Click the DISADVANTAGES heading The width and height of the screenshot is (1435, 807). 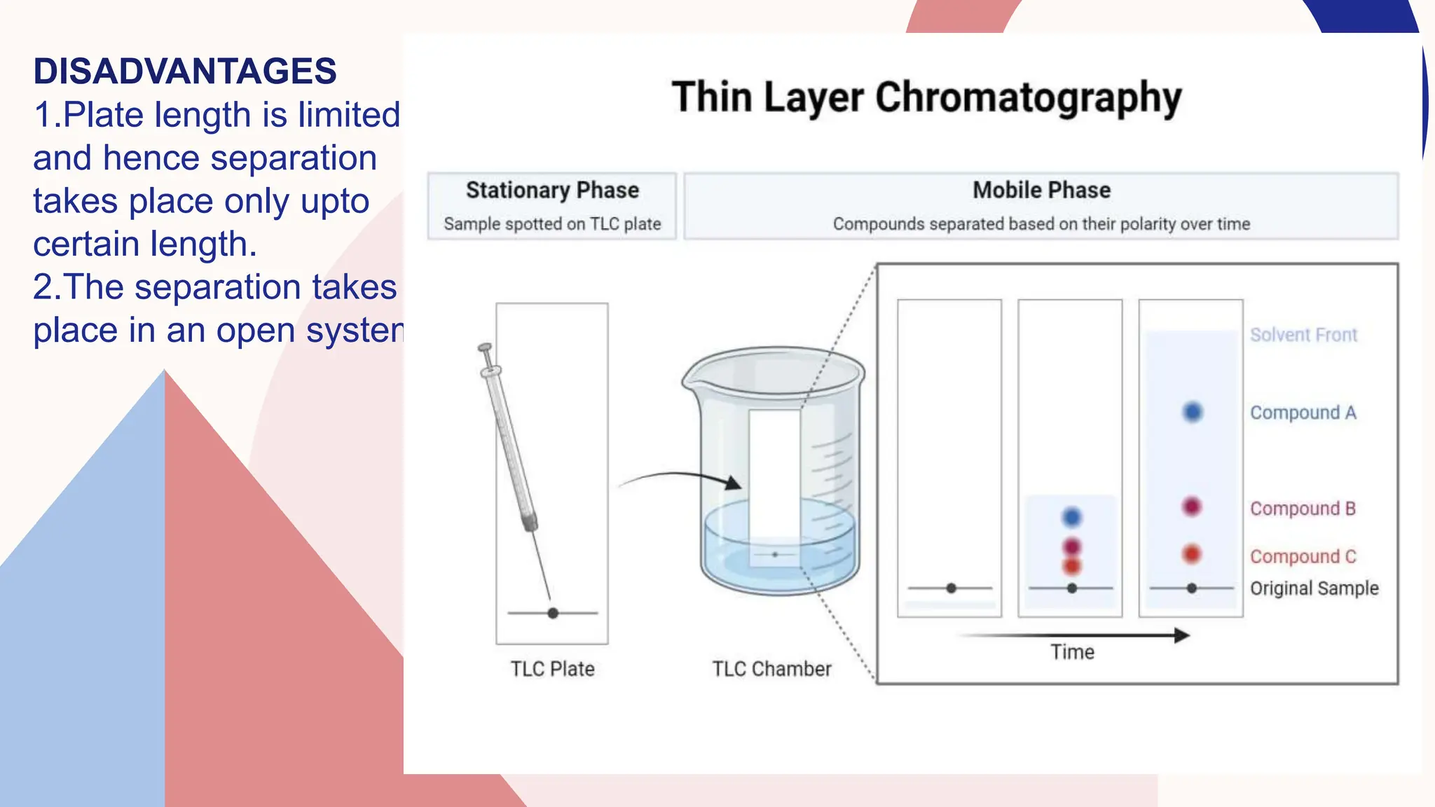185,71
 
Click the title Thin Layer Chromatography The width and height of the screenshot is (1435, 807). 926,97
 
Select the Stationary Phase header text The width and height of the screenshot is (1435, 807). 552,191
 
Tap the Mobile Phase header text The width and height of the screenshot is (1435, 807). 1041,191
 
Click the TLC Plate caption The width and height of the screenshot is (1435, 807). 552,669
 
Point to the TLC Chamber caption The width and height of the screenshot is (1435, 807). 771,669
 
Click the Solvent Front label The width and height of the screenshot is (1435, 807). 1303,335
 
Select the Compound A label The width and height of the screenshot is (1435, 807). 1303,413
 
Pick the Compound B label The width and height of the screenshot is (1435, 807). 1303,509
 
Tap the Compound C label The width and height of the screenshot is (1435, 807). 1303,556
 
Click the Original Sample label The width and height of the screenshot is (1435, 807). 1314,588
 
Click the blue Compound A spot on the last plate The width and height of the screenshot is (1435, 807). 1193,412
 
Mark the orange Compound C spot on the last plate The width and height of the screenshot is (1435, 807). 1192,554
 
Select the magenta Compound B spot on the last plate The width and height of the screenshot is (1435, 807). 1192,506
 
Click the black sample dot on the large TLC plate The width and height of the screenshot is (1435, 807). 553,613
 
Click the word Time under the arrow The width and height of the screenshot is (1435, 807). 1072,652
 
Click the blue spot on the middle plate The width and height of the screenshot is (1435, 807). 1072,517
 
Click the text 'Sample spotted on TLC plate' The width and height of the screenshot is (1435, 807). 552,224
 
